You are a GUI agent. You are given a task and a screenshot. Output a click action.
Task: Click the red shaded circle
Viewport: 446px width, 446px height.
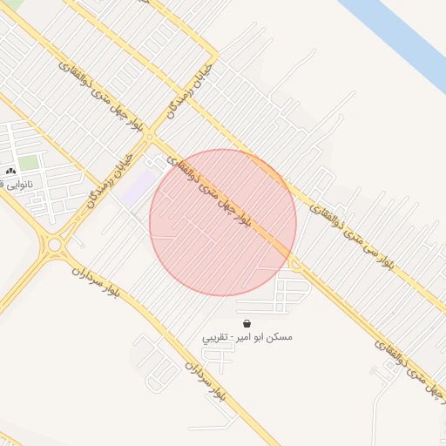point(223,223)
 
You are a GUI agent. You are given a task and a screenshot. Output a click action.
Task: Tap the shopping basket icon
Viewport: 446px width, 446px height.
point(247,323)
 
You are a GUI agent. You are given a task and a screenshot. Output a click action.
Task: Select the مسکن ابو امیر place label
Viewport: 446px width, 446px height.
point(247,336)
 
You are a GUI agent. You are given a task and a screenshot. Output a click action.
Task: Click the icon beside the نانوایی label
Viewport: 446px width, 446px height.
point(11,172)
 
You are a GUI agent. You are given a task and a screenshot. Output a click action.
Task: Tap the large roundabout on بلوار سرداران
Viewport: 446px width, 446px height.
point(55,245)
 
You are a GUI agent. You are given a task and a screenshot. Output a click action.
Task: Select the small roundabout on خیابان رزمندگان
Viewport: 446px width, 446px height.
point(150,137)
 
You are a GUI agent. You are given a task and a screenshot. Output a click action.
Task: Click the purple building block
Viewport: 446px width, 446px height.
point(137,187)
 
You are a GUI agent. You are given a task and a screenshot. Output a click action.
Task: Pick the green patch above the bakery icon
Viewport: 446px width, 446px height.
point(29,162)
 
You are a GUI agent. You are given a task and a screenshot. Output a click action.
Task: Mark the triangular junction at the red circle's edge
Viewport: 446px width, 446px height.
point(295,262)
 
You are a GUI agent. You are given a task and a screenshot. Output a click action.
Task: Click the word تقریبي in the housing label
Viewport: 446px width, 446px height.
point(216,337)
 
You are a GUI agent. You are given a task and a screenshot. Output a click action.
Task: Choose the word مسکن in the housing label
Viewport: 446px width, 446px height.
point(280,336)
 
